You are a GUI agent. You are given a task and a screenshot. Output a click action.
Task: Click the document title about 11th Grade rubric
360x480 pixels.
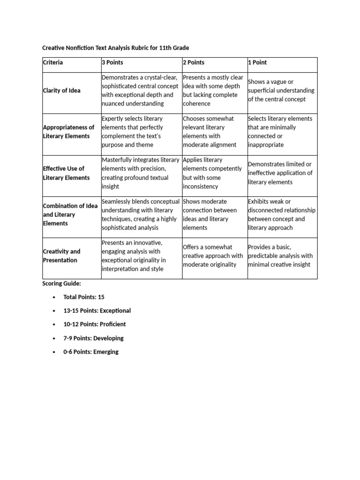[116, 48]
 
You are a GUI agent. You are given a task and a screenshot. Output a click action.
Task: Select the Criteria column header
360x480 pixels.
[53, 62]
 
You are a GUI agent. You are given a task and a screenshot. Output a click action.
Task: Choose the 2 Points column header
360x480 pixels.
[194, 62]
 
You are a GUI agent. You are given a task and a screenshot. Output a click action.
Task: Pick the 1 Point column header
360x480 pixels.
[257, 62]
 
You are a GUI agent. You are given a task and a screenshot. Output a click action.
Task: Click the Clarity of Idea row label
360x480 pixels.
[61, 90]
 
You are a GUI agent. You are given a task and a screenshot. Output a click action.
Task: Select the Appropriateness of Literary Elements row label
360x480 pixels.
[68, 132]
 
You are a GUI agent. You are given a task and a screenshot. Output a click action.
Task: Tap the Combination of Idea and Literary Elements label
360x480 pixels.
[70, 215]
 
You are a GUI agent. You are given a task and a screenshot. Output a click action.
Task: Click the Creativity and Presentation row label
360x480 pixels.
[62, 256]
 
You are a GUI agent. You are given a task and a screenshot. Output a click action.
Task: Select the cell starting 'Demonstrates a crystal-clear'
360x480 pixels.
[140, 90]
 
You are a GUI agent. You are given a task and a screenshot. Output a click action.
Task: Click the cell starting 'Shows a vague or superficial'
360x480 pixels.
[281, 90]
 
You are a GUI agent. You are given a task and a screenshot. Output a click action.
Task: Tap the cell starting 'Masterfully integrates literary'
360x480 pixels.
[140, 173]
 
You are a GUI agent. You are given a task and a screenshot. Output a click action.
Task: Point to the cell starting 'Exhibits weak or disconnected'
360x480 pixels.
[281, 215]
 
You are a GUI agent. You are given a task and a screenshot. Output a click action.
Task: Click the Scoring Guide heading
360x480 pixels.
[61, 284]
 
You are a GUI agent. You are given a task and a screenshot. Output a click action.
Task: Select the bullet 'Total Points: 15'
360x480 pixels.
[84, 297]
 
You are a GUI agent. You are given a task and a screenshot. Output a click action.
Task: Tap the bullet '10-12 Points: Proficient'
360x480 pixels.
[94, 324]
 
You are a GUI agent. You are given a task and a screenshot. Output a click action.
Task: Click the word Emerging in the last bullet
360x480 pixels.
[106, 352]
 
